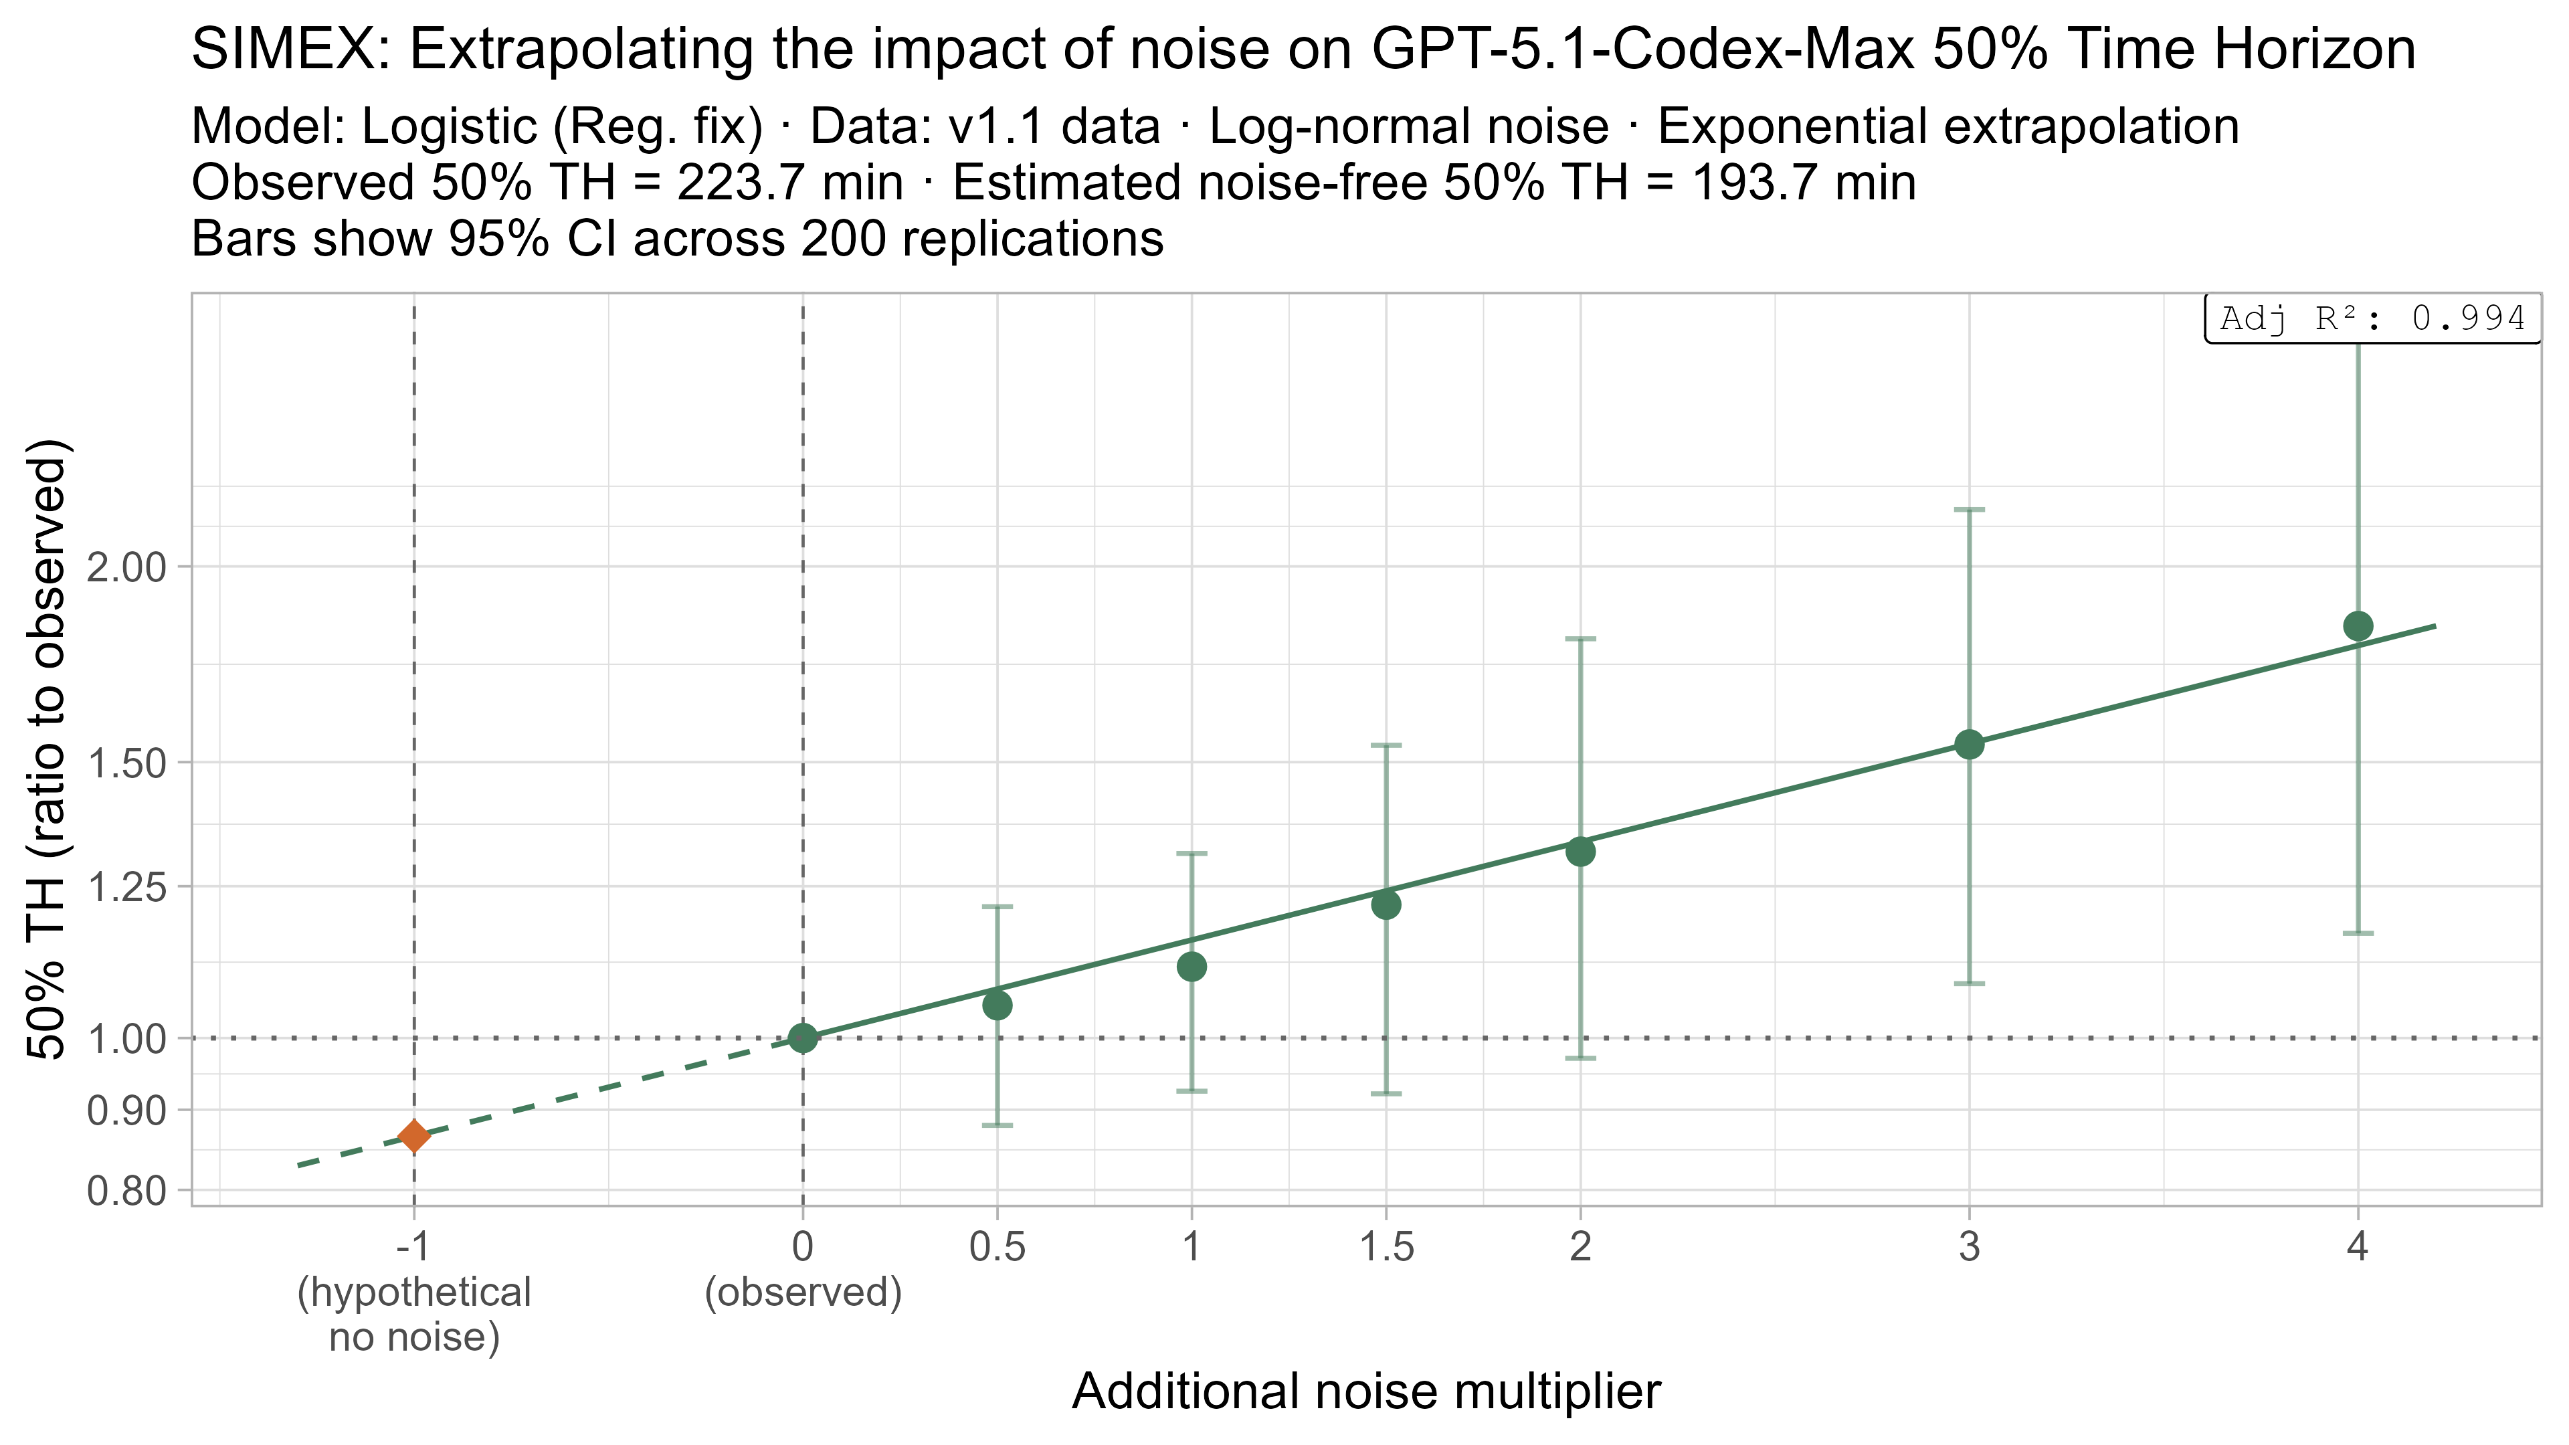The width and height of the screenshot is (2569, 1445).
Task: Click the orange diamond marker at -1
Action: [414, 1136]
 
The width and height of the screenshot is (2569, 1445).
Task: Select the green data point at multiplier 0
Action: [803, 1038]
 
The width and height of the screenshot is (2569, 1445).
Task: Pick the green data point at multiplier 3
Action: [1969, 744]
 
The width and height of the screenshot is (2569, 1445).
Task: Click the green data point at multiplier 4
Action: [2358, 626]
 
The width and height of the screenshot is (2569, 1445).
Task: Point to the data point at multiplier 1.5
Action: [1386, 904]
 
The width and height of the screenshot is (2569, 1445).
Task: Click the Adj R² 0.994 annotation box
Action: [2372, 319]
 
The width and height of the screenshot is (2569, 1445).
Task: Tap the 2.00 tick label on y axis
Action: [126, 567]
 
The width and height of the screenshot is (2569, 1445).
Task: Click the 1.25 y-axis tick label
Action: [126, 886]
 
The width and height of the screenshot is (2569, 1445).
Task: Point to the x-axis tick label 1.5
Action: [1386, 1248]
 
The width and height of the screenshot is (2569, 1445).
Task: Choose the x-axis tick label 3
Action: [1969, 1248]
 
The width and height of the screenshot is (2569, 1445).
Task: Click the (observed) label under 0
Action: [803, 1292]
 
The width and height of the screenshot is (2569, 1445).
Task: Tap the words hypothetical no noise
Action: [414, 1315]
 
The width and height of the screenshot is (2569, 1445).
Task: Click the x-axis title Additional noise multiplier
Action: [1365, 1392]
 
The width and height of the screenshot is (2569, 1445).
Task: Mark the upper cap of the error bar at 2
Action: [1580, 638]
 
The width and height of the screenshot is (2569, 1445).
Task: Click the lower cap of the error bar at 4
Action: [2358, 933]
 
